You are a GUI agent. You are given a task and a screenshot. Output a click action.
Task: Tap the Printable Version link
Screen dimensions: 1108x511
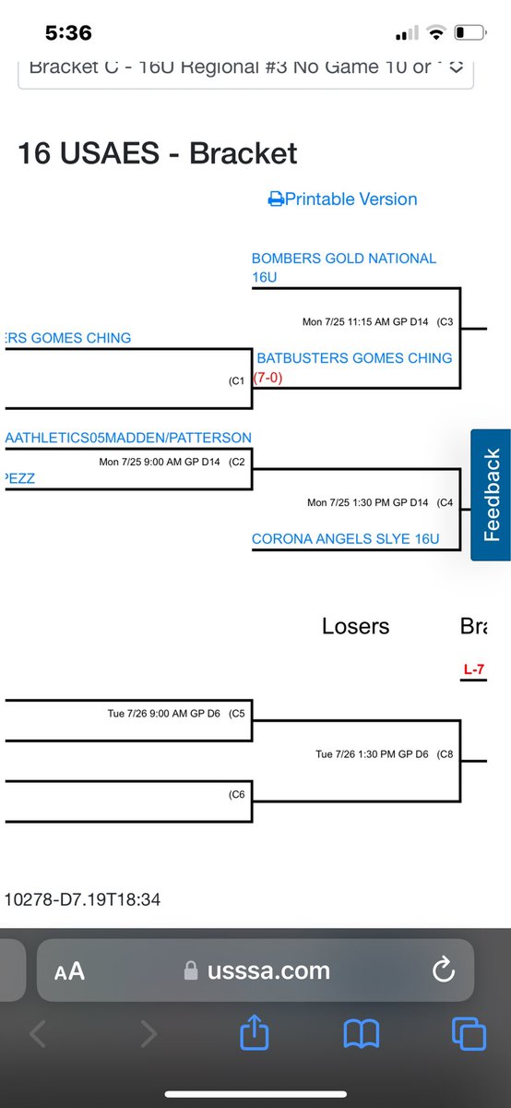pyautogui.click(x=343, y=199)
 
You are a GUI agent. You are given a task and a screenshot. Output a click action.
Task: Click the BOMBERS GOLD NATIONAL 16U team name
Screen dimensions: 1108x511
pyautogui.click(x=343, y=267)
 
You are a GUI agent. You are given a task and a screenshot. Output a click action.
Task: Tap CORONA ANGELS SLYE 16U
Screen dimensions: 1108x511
pyautogui.click(x=345, y=538)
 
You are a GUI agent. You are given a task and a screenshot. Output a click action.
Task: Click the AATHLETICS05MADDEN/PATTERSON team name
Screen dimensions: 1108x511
pyautogui.click(x=128, y=437)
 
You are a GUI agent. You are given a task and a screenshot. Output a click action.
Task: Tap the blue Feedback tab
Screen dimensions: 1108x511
pyautogui.click(x=491, y=495)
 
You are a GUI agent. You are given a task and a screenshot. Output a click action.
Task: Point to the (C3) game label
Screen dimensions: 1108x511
pyautogui.click(x=446, y=322)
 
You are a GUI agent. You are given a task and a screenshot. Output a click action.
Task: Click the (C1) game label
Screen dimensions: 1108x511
pyautogui.click(x=237, y=379)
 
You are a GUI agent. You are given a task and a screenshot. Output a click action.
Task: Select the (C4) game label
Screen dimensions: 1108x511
pyautogui.click(x=446, y=503)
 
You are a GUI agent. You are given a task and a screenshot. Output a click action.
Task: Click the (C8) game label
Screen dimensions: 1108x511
pyautogui.click(x=446, y=754)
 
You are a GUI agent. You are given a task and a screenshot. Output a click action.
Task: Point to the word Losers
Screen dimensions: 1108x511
pyautogui.click(x=355, y=626)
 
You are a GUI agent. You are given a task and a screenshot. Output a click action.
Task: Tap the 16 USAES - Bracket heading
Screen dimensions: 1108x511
pyautogui.click(x=158, y=152)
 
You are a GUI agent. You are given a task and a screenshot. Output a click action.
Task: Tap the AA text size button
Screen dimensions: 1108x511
pyautogui.click(x=69, y=970)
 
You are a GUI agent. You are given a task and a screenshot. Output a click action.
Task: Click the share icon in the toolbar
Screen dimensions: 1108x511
pyautogui.click(x=254, y=1033)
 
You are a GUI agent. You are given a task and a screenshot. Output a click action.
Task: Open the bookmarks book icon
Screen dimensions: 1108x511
pyautogui.click(x=362, y=1033)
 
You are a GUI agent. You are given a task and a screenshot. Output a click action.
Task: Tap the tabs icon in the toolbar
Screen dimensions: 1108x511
pyautogui.click(x=469, y=1033)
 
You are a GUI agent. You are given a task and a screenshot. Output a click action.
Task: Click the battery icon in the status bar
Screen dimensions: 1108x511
pyautogui.click(x=469, y=34)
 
